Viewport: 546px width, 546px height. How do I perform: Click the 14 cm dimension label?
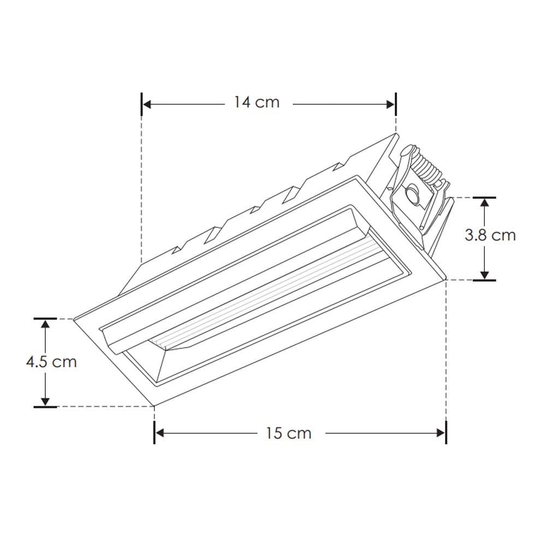pos(257,102)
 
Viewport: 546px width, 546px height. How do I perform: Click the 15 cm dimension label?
pos(289,433)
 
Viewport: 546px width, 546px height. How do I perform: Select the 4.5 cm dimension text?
pos(51,361)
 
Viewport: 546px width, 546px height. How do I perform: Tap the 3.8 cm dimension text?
pos(490,235)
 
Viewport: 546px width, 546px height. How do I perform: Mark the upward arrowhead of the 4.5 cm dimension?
pos(45,324)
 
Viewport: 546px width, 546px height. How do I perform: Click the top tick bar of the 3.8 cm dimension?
pos(484,197)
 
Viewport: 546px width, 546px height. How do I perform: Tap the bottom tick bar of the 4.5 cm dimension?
pos(45,406)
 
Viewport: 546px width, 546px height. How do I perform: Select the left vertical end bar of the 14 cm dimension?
pos(142,103)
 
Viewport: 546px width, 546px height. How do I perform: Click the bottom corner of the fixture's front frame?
pos(155,406)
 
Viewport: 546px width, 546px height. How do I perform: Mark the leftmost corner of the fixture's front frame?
pos(74,319)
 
